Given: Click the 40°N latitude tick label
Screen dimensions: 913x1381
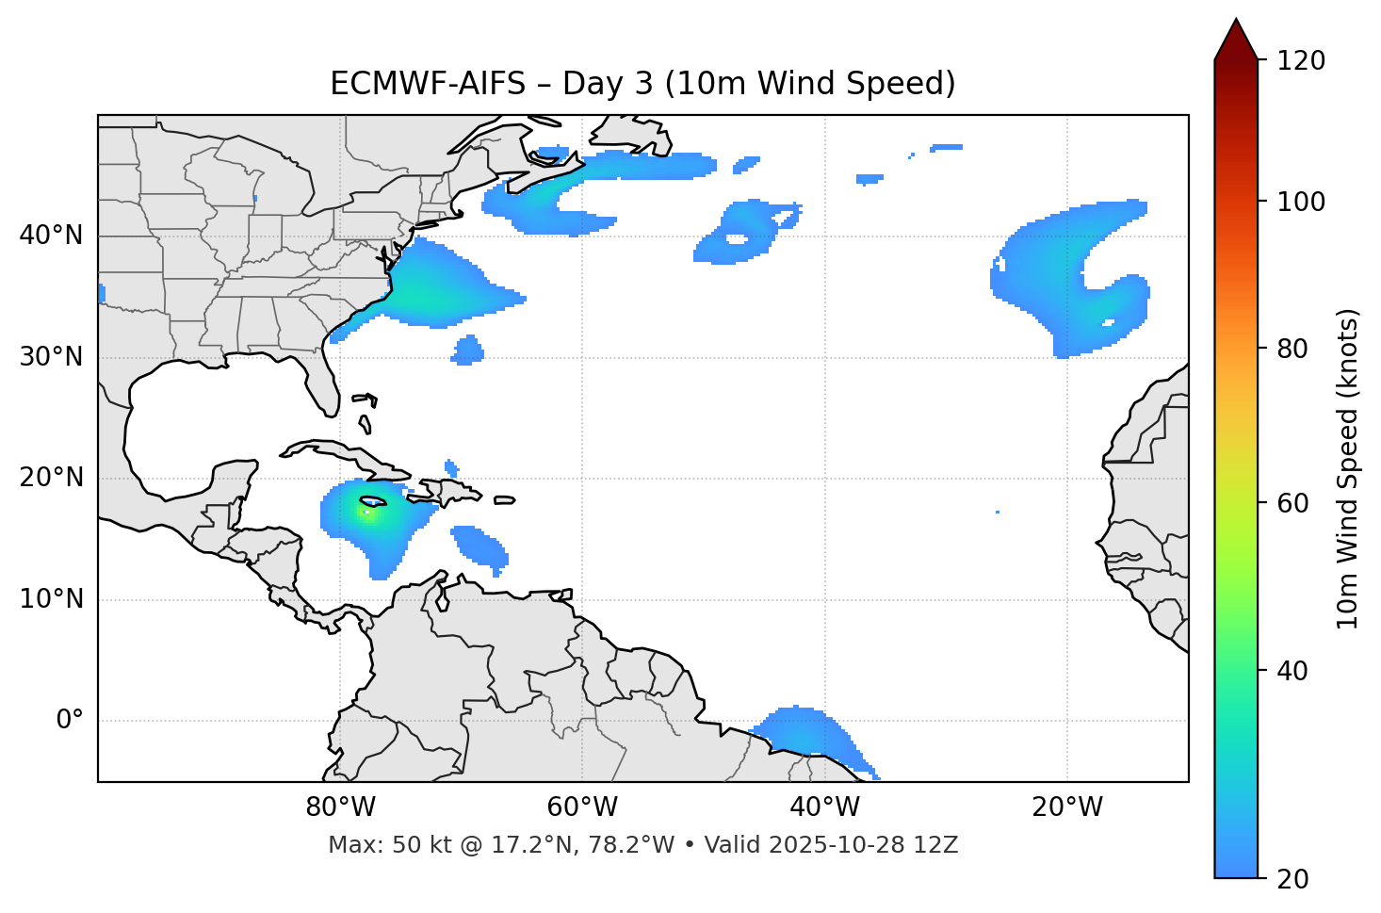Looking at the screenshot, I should click(x=51, y=236).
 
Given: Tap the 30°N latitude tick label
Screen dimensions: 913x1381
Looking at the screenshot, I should click(x=51, y=357).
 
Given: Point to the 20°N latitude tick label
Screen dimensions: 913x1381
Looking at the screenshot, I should click(x=51, y=478).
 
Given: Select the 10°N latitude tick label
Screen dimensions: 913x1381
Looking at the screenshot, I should click(x=51, y=599).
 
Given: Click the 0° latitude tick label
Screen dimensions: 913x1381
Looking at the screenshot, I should click(x=69, y=721).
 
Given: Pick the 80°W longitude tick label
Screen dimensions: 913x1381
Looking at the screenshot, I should click(x=340, y=807).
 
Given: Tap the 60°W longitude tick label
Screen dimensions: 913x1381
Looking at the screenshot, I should click(x=582, y=807).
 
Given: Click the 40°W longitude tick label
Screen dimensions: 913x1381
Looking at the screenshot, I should click(x=824, y=807).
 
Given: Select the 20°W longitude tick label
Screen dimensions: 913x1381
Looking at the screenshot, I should click(x=1067, y=807).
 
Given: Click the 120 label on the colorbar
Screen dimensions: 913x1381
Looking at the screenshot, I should click(x=1301, y=60).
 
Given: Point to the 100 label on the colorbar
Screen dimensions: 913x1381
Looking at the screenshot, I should click(x=1301, y=202).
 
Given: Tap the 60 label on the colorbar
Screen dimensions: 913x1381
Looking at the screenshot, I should click(x=1294, y=503).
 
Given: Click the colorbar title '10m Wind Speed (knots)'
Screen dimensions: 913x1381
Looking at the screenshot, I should click(x=1348, y=468).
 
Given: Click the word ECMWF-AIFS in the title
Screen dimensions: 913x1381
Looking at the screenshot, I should click(x=427, y=84).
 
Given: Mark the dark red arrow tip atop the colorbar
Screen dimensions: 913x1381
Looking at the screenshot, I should click(x=1236, y=36).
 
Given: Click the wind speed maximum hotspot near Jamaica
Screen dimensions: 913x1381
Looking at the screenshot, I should click(x=367, y=512).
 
